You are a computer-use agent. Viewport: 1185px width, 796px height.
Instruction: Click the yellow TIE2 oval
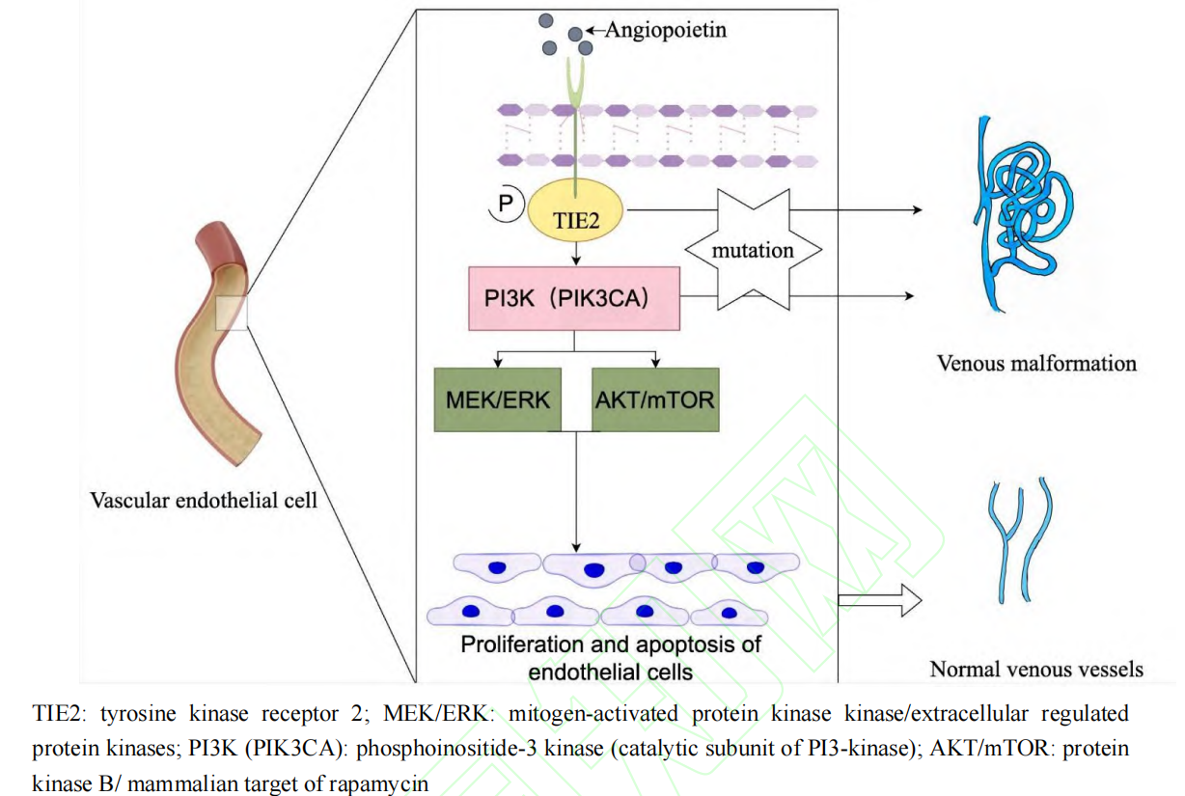pos(576,217)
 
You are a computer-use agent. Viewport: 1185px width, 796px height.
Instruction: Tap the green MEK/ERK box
pos(497,398)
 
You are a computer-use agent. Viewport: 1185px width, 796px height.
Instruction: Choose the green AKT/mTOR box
pos(655,398)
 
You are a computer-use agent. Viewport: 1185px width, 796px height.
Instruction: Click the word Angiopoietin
pos(665,30)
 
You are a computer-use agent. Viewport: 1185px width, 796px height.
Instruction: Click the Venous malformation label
pos(1036,364)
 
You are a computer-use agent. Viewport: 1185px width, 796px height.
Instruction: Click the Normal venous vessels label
pos(1035,669)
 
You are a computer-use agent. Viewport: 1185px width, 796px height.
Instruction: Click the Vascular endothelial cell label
pos(203,500)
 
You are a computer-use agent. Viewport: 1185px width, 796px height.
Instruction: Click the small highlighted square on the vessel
pos(233,313)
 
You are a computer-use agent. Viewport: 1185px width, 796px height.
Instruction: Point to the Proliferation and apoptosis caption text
pos(611,656)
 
